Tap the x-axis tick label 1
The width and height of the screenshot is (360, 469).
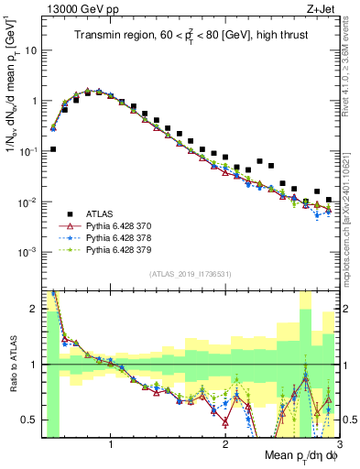tap(111, 442)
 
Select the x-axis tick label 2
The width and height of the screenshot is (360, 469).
tap(225, 442)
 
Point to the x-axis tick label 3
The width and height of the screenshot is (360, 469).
tap(339, 442)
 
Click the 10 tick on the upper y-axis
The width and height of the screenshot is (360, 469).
tap(29, 51)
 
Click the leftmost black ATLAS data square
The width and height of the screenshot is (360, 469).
tap(53, 148)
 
